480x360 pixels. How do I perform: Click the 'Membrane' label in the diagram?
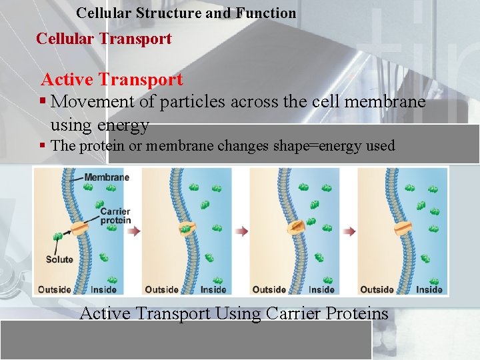coord(107,177)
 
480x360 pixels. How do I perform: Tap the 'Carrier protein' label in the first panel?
coord(115,216)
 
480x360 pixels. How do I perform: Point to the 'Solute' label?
coord(59,259)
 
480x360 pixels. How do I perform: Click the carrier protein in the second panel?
coord(186,229)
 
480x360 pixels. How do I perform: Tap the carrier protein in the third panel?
coord(294,229)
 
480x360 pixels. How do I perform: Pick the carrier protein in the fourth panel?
coord(401,229)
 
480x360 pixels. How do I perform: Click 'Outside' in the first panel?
coord(54,289)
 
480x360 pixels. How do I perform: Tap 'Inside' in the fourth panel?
coord(429,289)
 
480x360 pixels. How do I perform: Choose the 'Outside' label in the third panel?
coord(269,289)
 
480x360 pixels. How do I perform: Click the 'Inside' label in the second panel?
coord(213,289)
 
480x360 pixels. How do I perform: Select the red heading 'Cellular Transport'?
coord(103,39)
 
